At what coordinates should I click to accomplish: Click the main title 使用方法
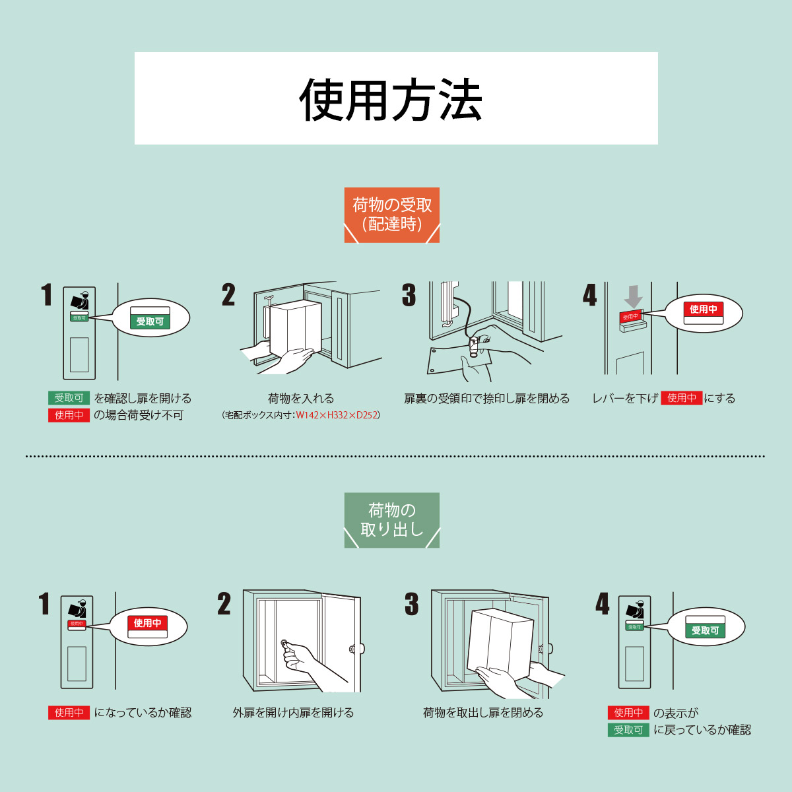pos(391,100)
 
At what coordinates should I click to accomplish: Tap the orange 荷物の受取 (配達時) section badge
pos(392,214)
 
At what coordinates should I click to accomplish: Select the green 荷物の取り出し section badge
pos(392,520)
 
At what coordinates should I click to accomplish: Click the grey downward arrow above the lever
pos(633,296)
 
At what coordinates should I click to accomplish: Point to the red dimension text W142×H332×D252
pos(337,415)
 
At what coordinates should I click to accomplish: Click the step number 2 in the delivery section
pos(228,295)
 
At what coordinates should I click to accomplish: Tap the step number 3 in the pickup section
pos(412,604)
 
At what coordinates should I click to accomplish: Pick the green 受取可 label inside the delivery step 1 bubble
pos(150,321)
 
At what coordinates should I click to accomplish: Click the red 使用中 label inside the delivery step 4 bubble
pos(704,309)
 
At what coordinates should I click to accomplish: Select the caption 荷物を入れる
pos(301,399)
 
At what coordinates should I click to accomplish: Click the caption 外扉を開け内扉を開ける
pos(294,713)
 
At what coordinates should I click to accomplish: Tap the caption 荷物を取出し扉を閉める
pos(483,713)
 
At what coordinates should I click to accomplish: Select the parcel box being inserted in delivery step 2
pos(295,328)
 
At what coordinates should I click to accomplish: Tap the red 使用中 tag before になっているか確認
pos(69,713)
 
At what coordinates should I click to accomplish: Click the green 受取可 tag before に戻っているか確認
pos(628,730)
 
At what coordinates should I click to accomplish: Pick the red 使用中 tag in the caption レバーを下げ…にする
pos(681,398)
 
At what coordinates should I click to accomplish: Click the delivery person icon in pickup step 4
pos(634,611)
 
